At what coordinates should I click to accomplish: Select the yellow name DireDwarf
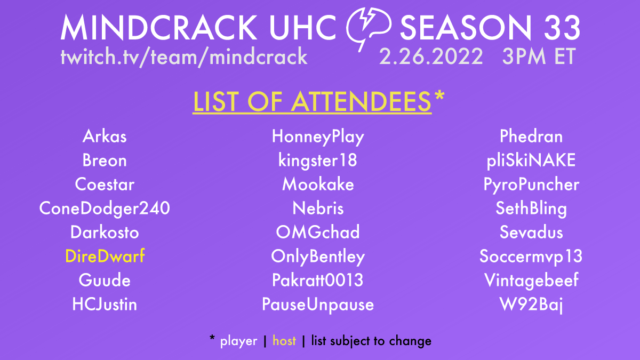coord(105,257)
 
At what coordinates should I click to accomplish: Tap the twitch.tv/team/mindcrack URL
coord(184,56)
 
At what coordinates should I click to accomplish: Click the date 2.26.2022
coord(431,56)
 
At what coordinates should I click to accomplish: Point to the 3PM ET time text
coord(539,56)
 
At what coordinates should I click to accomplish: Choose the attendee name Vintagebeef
coord(531,280)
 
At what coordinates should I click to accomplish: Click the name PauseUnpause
coord(318,305)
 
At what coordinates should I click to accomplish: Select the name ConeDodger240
coord(105,209)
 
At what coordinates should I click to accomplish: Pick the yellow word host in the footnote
coord(284,341)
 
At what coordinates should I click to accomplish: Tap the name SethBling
coord(531,209)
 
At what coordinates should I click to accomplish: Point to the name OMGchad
coord(318,233)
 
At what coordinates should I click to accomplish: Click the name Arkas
coord(105,137)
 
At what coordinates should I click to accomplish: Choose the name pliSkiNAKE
coord(531,161)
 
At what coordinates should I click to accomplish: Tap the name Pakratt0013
coord(318,280)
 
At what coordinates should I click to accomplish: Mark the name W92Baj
coord(531,305)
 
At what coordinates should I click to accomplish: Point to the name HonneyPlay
coord(318,137)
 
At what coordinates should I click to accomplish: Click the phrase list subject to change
coord(371,341)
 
